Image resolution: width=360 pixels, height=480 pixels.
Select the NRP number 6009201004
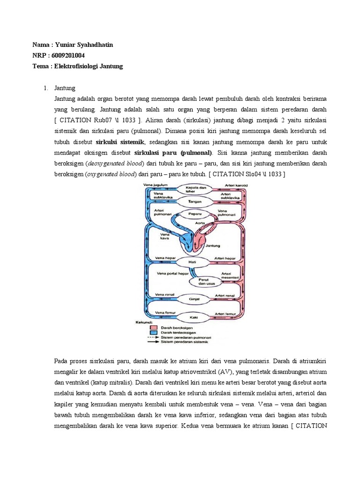pos(67,55)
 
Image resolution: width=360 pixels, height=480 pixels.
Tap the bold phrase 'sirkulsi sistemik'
pos(120,142)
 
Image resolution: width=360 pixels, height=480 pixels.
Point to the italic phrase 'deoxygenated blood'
pos(113,163)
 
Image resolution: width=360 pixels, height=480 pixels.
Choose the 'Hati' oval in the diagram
pos(192,261)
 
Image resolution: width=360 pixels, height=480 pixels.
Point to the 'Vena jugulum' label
pos(156,185)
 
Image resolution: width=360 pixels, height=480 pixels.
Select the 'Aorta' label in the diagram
pos(200,223)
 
